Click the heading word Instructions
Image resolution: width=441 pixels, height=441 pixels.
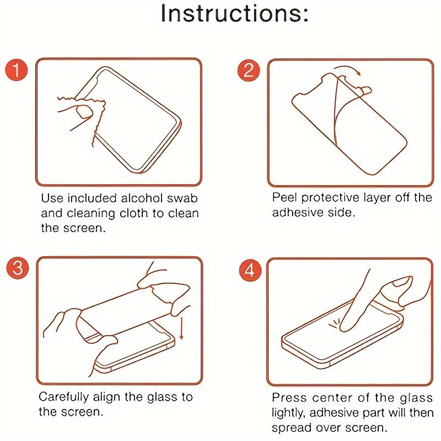[x=234, y=13]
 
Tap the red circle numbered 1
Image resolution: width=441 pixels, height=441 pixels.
[x=17, y=70]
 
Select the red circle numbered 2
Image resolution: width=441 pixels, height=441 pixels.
[x=249, y=71]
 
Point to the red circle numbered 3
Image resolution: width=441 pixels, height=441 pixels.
[x=18, y=267]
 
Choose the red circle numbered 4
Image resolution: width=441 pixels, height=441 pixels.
[x=250, y=270]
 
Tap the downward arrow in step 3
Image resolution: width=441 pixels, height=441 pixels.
[x=181, y=328]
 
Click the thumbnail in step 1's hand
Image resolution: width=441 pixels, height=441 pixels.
[x=84, y=111]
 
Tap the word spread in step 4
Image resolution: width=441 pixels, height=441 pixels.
[x=292, y=428]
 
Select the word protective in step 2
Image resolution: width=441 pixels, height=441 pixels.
[x=330, y=198]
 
